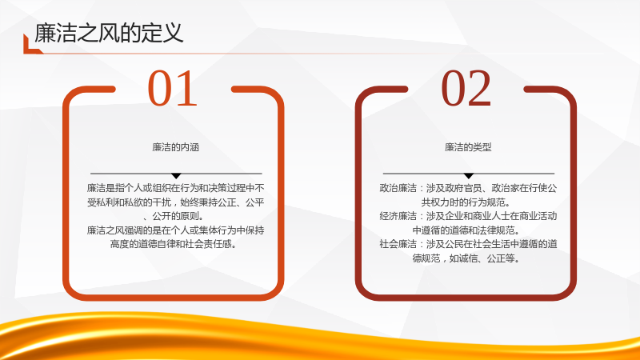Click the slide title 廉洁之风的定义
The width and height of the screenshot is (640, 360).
point(109,33)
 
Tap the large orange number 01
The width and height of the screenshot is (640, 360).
point(173,88)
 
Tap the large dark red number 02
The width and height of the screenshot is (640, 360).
point(466,88)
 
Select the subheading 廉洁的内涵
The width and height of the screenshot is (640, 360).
point(175,147)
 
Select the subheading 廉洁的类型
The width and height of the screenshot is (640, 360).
point(468,147)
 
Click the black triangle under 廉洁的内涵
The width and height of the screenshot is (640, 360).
point(176,176)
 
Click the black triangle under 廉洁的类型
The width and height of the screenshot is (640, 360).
point(469,176)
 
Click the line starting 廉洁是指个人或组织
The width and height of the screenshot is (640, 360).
point(175,188)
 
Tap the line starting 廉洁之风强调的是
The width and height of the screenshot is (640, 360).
point(175,230)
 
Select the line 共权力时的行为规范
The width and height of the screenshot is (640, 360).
point(466,202)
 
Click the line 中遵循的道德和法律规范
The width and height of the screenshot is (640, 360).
point(466,230)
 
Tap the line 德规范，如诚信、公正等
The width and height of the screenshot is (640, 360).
point(466,258)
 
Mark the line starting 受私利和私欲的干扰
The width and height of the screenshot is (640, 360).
point(175,202)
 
